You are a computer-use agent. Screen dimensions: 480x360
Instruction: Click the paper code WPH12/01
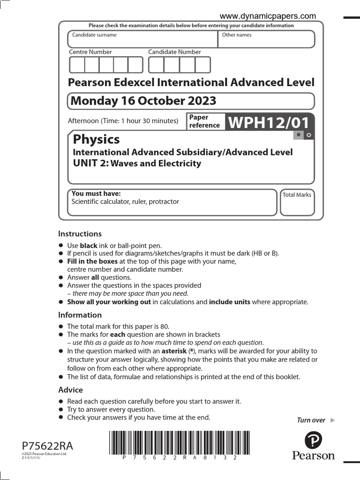(269, 123)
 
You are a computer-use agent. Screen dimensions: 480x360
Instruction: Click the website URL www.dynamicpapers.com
(268, 16)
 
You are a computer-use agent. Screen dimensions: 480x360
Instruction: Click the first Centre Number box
(77, 65)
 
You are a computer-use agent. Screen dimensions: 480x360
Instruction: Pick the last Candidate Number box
(203, 65)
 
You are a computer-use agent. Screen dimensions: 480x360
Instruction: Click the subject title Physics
(96, 139)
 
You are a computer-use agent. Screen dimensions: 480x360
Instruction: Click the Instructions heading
(80, 233)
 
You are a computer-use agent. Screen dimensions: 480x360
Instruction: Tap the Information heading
(80, 315)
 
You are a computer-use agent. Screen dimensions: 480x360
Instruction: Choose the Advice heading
(70, 390)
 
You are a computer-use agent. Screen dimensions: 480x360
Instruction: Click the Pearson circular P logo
(313, 441)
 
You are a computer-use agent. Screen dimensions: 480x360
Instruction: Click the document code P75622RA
(47, 446)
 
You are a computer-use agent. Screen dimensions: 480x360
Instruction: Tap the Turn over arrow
(333, 420)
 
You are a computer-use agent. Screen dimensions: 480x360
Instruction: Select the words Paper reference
(204, 121)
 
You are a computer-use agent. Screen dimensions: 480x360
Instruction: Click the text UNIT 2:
(90, 164)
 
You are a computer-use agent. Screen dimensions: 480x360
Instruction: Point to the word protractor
(164, 202)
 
